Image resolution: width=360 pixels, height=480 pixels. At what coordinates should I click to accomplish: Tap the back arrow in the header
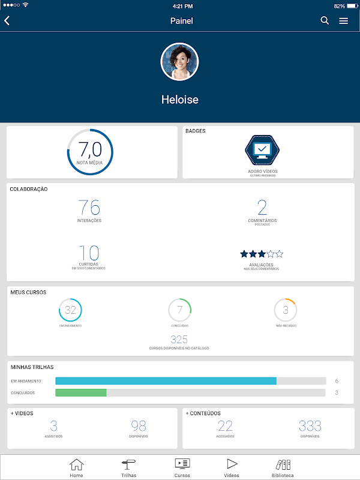7,20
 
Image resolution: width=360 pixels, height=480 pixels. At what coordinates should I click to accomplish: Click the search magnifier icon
325,20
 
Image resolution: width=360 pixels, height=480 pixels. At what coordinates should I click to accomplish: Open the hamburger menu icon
343,20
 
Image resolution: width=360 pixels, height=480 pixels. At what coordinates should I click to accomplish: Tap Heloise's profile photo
179,62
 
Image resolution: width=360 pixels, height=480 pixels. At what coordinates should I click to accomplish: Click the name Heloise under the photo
179,100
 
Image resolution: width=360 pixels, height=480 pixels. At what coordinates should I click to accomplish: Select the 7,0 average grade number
90,149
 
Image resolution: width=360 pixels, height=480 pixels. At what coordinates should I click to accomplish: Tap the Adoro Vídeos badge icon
263,149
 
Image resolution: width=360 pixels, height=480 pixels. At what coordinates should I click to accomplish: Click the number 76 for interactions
89,208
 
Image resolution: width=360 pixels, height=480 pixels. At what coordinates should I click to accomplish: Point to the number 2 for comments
262,208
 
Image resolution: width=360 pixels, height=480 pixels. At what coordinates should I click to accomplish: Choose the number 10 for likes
89,253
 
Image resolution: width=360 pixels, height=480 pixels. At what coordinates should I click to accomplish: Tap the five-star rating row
262,254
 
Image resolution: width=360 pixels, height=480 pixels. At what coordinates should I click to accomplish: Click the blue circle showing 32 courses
70,310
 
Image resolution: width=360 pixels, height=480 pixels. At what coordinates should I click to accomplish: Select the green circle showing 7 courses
179,310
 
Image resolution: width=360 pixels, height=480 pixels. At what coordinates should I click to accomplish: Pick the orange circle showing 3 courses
286,310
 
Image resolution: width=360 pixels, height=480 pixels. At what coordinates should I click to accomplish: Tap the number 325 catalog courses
179,340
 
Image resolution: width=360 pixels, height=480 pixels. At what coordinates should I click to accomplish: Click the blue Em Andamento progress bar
166,381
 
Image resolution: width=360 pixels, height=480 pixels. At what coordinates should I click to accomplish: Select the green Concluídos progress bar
80,392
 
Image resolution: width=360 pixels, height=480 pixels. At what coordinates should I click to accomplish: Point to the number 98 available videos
139,426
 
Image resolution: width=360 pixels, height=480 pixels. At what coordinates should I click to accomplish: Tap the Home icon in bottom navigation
76,467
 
